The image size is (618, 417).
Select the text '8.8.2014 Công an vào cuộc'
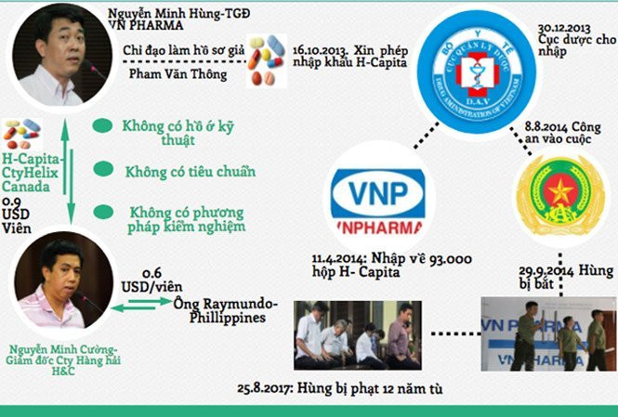(563, 132)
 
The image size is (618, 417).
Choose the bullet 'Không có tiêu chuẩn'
(191, 172)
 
